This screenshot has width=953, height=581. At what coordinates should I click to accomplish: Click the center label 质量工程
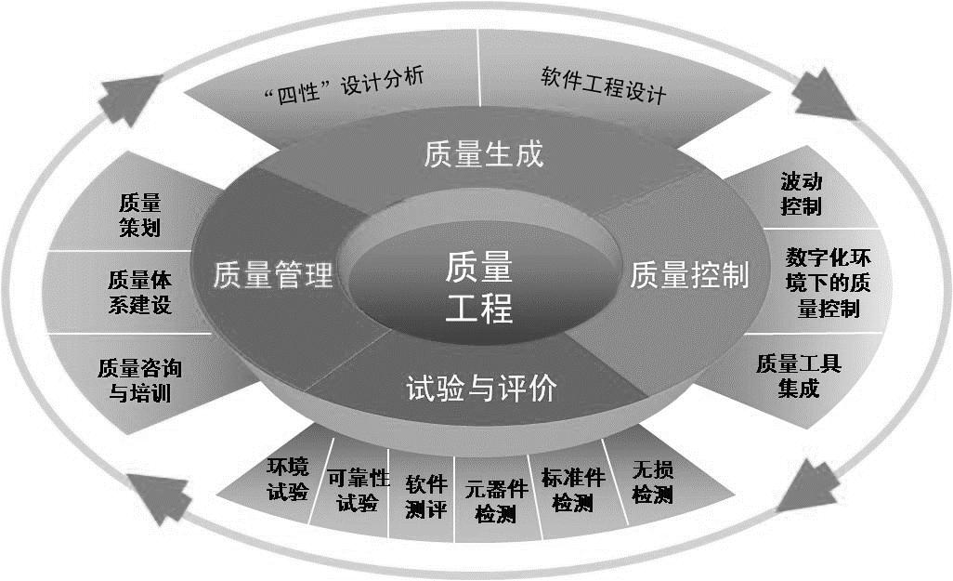click(479, 286)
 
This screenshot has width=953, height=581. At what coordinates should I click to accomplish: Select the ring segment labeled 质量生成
click(483, 154)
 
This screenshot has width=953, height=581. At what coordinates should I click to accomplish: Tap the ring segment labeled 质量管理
click(273, 275)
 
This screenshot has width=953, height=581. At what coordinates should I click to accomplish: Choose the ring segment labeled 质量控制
click(689, 275)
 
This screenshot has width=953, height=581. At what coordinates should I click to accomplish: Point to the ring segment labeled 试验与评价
click(481, 388)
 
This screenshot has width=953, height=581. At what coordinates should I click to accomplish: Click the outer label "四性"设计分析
click(345, 86)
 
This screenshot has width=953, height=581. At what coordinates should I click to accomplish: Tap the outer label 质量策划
click(139, 215)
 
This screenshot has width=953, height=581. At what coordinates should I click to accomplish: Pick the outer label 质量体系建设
click(139, 292)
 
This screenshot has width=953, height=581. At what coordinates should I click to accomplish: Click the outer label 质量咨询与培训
click(139, 380)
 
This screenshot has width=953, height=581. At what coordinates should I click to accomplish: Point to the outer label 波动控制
click(801, 193)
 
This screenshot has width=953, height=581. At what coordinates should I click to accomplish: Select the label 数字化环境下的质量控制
click(828, 283)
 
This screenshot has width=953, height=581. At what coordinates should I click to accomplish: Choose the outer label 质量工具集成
click(799, 376)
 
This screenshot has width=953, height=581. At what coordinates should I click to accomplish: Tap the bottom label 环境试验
click(288, 479)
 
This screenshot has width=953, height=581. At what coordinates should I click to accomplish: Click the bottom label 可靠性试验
click(358, 490)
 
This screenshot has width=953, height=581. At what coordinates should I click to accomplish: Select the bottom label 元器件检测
click(496, 501)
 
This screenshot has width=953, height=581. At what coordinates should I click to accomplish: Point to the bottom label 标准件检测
click(572, 490)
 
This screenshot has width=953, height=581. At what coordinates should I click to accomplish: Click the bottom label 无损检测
click(652, 482)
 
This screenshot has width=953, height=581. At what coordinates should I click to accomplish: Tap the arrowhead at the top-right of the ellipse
click(820, 94)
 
